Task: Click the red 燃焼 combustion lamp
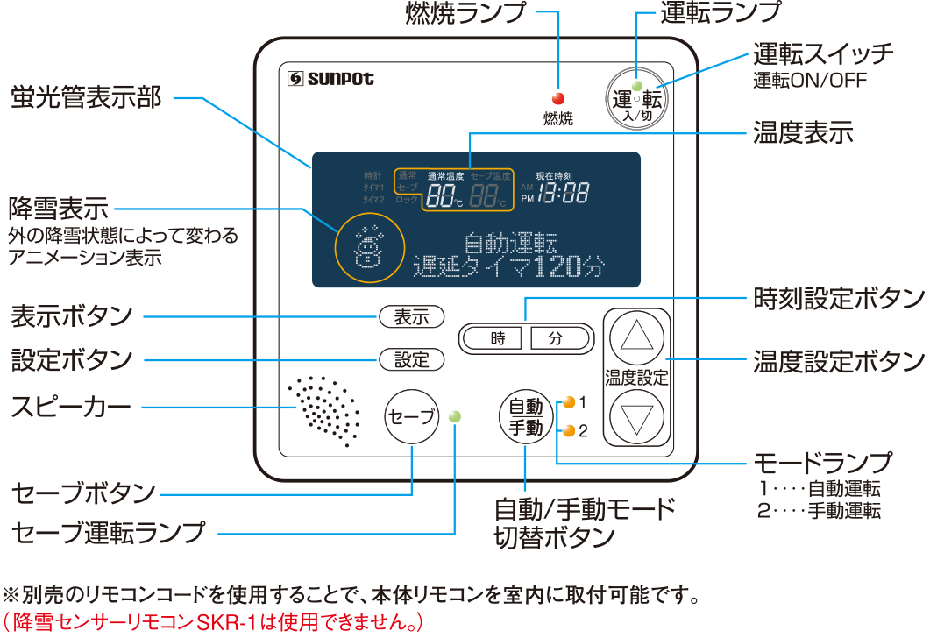[557, 99]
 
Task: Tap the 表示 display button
[411, 317]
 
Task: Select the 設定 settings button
[411, 359]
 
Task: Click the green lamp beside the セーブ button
[454, 416]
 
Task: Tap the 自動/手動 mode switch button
[526, 417]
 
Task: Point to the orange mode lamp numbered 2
[569, 430]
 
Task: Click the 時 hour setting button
[497, 338]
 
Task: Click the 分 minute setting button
[555, 338]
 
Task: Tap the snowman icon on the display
[368, 247]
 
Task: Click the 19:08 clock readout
[563, 194]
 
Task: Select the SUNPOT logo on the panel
[331, 79]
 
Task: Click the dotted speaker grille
[324, 410]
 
